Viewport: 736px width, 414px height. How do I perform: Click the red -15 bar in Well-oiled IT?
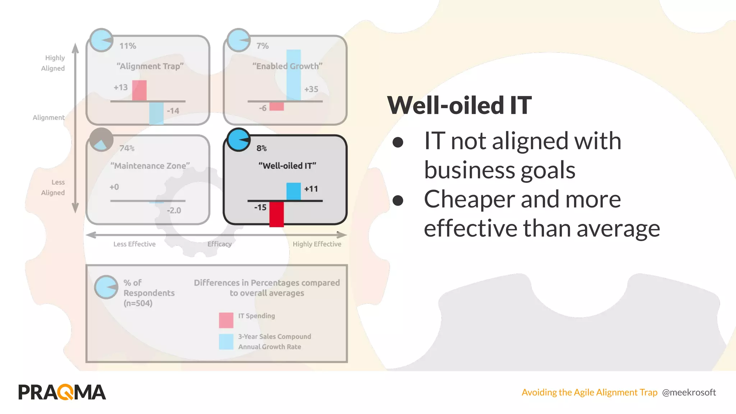(276, 214)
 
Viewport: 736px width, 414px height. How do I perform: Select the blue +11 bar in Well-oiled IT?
(293, 192)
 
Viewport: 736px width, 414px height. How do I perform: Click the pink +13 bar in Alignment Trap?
(139, 91)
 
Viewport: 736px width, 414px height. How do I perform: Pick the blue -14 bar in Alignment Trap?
(156, 113)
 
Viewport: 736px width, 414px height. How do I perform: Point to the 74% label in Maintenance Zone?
(127, 148)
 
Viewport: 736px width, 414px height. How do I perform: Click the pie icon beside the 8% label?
(239, 140)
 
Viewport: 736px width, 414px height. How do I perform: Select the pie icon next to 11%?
(101, 40)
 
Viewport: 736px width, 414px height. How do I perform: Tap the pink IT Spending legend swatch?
(226, 320)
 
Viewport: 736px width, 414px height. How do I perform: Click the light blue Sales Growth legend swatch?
(226, 342)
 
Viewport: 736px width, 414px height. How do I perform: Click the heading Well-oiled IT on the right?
(459, 106)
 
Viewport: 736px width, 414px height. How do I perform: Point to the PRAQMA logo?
(62, 392)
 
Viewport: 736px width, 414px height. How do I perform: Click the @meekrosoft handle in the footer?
(689, 392)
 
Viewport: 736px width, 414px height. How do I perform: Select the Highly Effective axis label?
(317, 244)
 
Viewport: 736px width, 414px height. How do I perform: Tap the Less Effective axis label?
(134, 244)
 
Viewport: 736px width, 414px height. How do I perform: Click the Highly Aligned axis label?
(54, 63)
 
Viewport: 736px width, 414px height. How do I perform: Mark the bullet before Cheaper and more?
(398, 201)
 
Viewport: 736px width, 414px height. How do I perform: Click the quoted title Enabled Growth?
(287, 66)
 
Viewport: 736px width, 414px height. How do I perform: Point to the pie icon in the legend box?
(106, 287)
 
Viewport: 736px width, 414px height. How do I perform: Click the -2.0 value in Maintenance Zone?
(174, 211)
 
